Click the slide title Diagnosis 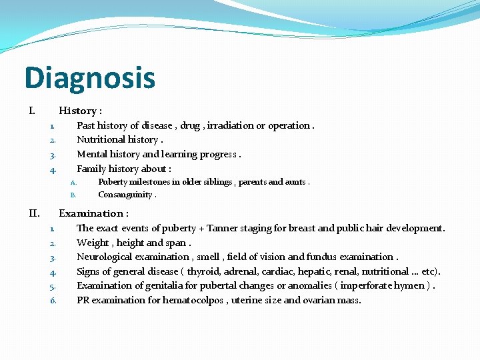tap(89, 78)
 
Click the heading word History tap(77, 111)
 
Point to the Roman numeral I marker tap(32, 111)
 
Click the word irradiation tap(231, 125)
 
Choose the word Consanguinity tap(125, 195)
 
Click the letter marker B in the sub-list tap(73, 195)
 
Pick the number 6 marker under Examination tap(53, 301)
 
